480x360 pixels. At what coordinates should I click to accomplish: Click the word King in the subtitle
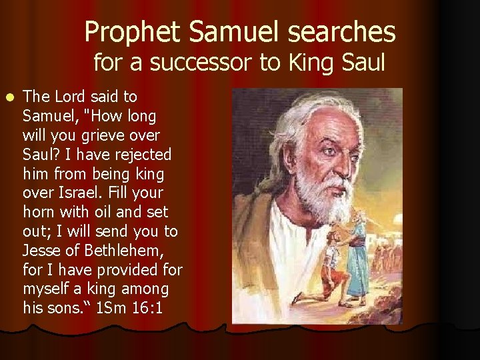(311, 63)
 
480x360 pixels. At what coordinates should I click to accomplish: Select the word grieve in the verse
(111, 135)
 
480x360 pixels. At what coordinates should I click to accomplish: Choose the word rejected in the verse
(142, 155)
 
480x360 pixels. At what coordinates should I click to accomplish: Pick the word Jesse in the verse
(42, 251)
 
